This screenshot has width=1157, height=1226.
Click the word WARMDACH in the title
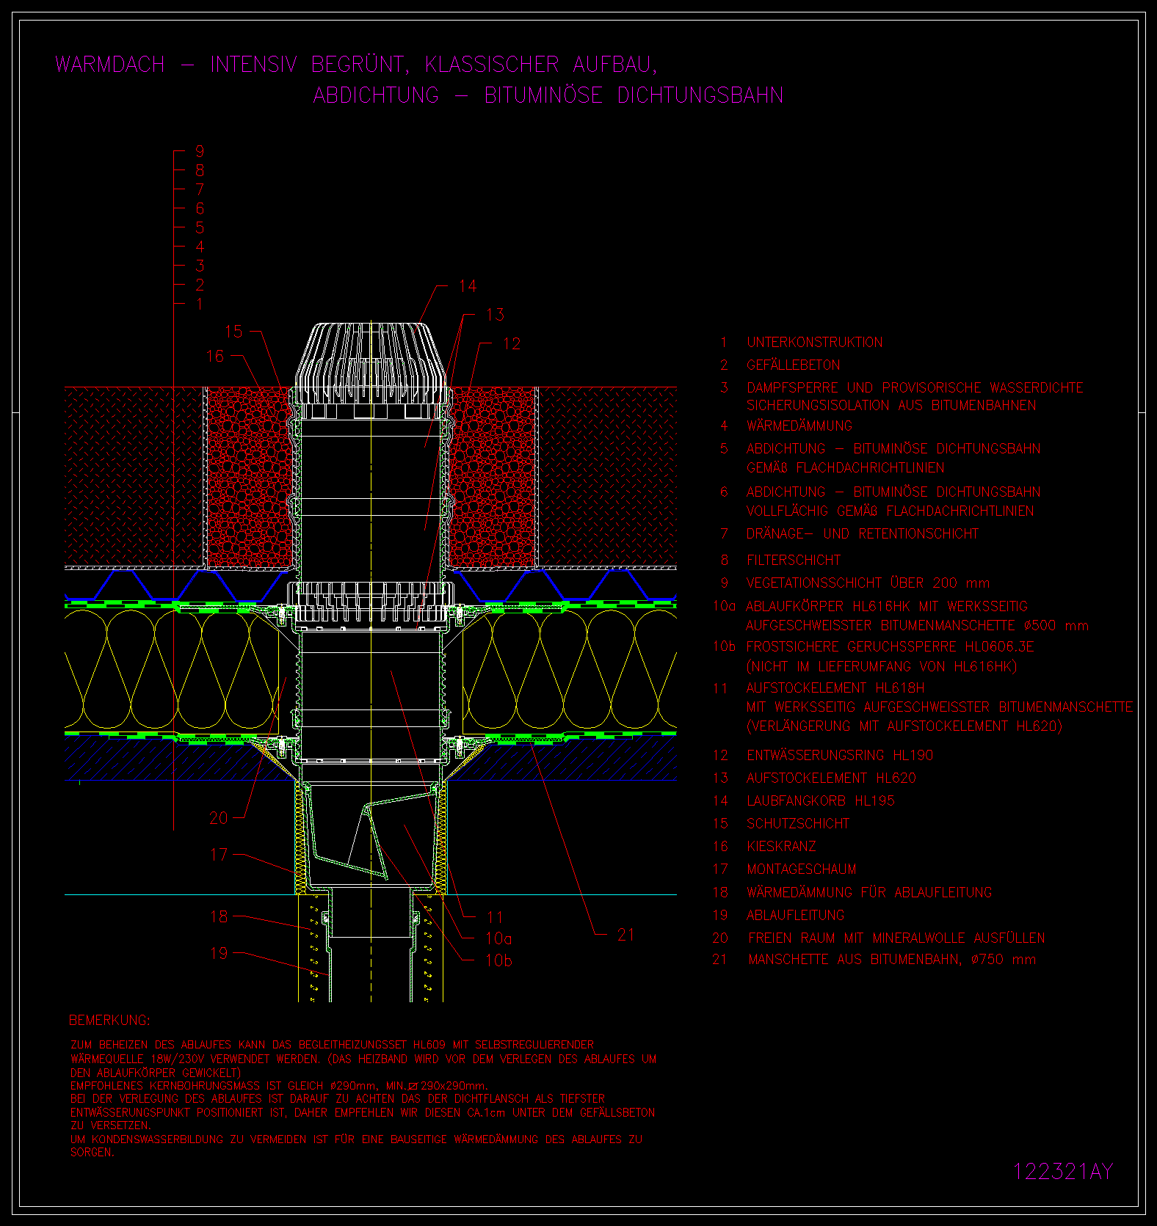pyautogui.click(x=110, y=65)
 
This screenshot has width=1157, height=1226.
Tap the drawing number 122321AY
pyautogui.click(x=1063, y=1172)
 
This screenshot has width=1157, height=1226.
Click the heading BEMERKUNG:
pyautogui.click(x=109, y=1021)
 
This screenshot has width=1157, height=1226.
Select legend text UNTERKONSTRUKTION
pyautogui.click(x=815, y=343)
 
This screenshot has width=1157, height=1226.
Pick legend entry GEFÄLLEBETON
pyautogui.click(x=794, y=365)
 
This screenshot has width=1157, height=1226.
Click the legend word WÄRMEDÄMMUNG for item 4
pyautogui.click(x=799, y=426)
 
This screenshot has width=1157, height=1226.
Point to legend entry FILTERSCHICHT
pyautogui.click(x=794, y=560)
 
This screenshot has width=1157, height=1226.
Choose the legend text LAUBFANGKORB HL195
pyautogui.click(x=821, y=800)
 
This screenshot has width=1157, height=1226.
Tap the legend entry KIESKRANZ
pyautogui.click(x=781, y=846)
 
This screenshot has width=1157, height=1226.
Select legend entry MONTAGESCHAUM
pyautogui.click(x=802, y=869)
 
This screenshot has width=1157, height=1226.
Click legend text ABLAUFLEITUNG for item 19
pyautogui.click(x=796, y=915)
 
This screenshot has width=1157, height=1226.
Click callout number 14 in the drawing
pyautogui.click(x=468, y=286)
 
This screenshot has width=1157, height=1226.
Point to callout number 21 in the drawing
pyautogui.click(x=625, y=935)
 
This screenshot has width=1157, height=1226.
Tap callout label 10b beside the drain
pyautogui.click(x=499, y=960)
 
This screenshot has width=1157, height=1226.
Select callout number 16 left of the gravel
pyautogui.click(x=214, y=357)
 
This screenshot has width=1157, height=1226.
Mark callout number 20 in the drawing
pyautogui.click(x=219, y=818)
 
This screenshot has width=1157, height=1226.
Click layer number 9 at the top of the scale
pyautogui.click(x=200, y=151)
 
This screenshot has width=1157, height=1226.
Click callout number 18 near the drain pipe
pyautogui.click(x=219, y=916)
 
